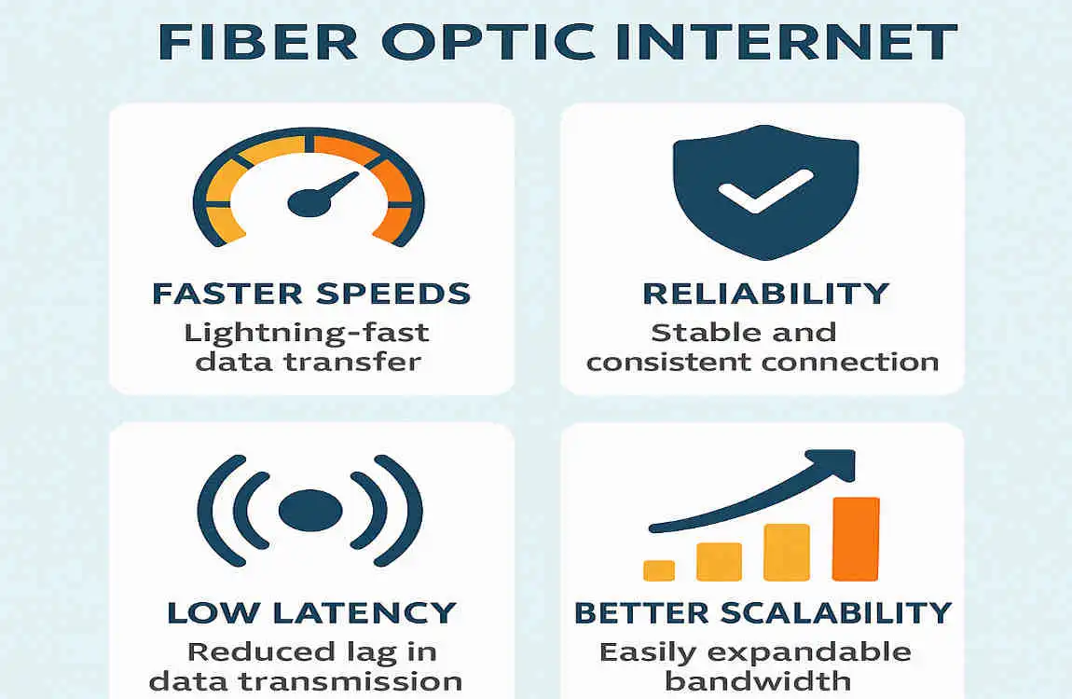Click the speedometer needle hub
pos(305,200)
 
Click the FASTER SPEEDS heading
pos(311,294)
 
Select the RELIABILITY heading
pos(765,294)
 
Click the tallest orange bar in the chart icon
pos(855,539)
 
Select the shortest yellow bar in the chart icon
pos(658,569)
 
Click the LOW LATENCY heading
pos(311,613)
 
